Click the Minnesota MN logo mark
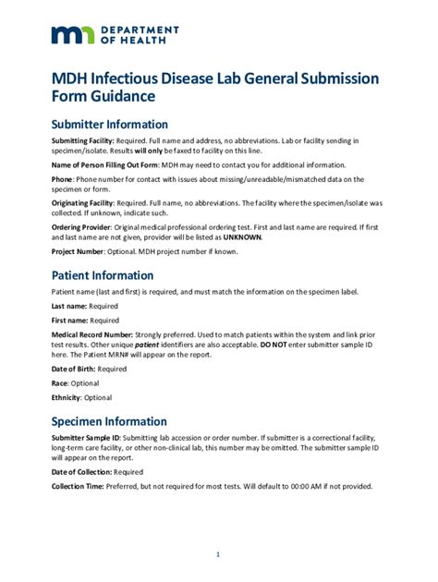point(71,35)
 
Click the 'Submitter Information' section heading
point(110,125)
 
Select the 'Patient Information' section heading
point(103,275)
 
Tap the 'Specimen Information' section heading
point(109,421)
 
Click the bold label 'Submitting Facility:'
point(83,140)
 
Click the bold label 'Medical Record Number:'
point(92,334)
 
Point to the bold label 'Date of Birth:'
point(75,369)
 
